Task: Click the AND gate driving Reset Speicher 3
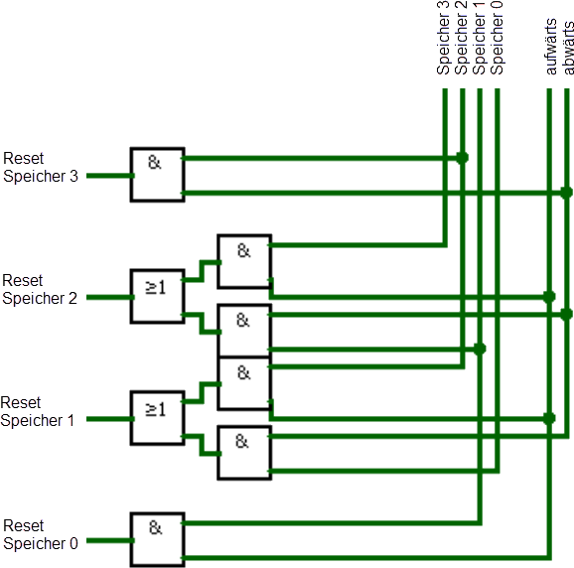158,175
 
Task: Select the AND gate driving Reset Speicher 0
158,540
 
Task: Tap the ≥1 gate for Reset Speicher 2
158,297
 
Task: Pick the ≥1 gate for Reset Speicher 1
158,418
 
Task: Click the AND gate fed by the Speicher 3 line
244,262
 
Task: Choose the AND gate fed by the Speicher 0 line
244,453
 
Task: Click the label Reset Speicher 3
41,167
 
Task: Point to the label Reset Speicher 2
40,289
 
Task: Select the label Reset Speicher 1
38,411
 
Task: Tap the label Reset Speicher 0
41,534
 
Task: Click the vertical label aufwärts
551,47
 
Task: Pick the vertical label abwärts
568,48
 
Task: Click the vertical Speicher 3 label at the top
443,38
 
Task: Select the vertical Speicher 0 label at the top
497,38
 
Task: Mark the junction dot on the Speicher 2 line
463,158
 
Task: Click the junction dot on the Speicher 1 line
480,349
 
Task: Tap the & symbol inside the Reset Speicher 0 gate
155,527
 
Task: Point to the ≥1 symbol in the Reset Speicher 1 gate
156,409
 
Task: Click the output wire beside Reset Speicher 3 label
110,176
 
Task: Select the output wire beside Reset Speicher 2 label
110,298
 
